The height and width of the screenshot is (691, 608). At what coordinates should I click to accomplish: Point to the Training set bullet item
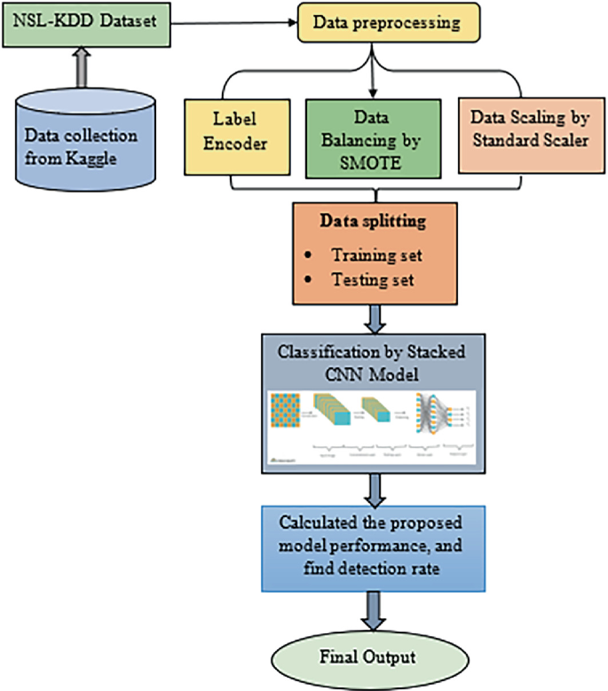point(372,255)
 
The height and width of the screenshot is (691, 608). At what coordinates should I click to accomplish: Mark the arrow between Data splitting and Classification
point(377,316)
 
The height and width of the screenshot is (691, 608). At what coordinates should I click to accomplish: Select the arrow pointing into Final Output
point(377,612)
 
